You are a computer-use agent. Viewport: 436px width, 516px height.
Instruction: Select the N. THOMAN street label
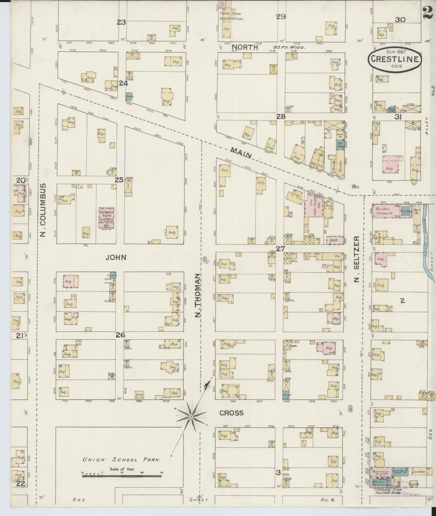coord(198,295)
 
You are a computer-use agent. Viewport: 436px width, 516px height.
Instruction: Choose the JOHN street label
coord(116,258)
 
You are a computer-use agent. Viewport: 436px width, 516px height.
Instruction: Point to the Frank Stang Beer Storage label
coord(231,16)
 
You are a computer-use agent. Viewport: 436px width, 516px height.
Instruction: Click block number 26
coord(121,335)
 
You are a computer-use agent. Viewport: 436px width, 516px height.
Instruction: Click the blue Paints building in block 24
coord(129,96)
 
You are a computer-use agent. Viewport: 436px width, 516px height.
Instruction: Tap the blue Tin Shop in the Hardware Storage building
coord(405,211)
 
